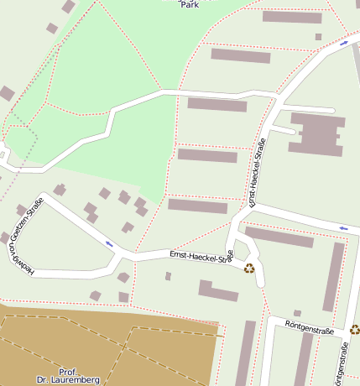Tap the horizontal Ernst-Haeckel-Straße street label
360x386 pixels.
coord(200,254)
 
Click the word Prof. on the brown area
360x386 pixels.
coord(69,371)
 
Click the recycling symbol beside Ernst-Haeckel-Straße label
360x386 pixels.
coord(248,268)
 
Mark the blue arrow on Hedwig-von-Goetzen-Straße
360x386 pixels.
coord(109,243)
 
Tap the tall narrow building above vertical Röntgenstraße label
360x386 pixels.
coord(335,276)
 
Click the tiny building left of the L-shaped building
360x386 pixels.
coord(168,276)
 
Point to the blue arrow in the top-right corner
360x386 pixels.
coord(345,41)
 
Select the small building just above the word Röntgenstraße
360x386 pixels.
coord(297,313)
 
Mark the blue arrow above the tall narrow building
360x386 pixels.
coord(342,227)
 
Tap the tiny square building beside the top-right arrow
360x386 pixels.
coord(319,37)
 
